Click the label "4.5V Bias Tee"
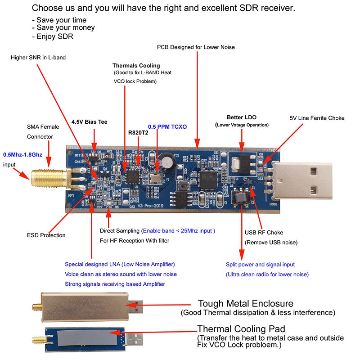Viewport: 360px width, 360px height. (90, 122)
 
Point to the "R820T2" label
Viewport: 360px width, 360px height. (139, 133)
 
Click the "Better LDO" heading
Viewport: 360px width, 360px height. (242, 117)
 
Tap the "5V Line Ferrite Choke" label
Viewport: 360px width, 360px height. (317, 118)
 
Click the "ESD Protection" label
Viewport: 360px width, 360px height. (46, 235)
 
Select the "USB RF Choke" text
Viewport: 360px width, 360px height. (264, 233)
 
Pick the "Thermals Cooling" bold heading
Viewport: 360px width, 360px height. (136, 66)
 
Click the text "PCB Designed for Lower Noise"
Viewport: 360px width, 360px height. (196, 47)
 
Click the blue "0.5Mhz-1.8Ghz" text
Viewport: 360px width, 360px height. (22, 154)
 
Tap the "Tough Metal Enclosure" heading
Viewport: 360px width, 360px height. (246, 304)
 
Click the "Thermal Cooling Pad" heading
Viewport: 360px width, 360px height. (241, 329)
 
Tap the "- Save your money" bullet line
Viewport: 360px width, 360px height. (63, 28)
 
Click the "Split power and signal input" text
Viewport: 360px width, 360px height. (260, 265)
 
